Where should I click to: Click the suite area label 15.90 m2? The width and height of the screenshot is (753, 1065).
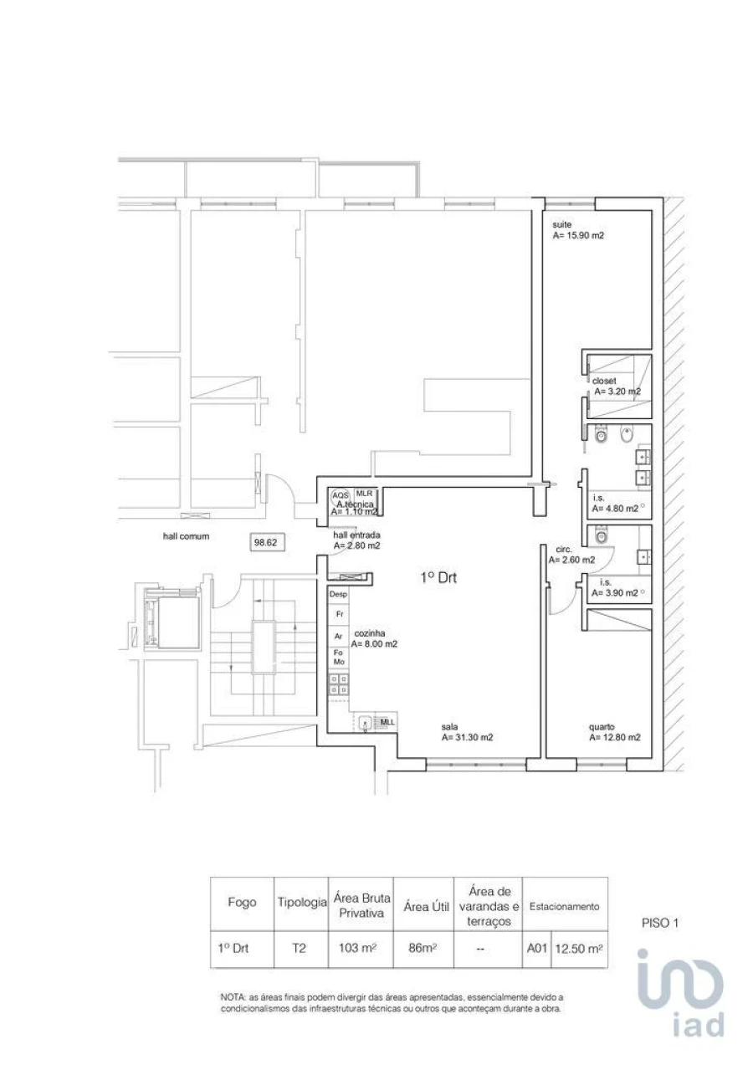coord(578,236)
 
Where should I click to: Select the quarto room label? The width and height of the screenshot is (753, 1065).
coord(601,727)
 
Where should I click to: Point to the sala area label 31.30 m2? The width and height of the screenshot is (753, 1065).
coord(467,737)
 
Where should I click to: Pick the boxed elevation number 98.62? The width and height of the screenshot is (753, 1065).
coord(265,542)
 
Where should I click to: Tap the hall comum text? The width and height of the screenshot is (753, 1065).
coord(186,537)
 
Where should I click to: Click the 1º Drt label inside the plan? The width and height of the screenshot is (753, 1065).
coord(438,577)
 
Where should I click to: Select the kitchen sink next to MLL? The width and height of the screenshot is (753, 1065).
coord(366,723)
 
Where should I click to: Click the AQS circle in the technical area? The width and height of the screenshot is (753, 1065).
coord(341,495)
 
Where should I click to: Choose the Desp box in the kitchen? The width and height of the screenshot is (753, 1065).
coord(338,594)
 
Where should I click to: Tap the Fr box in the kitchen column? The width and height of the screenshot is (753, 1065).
coord(338,614)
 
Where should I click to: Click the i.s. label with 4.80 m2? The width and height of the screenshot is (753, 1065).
coord(615,503)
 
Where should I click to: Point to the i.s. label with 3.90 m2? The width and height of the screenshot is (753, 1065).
coord(615,587)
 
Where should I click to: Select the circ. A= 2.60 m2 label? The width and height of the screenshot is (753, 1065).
coord(571,556)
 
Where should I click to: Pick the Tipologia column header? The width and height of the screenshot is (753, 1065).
coord(301,904)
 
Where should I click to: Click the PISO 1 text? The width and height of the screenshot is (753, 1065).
coord(659,924)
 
